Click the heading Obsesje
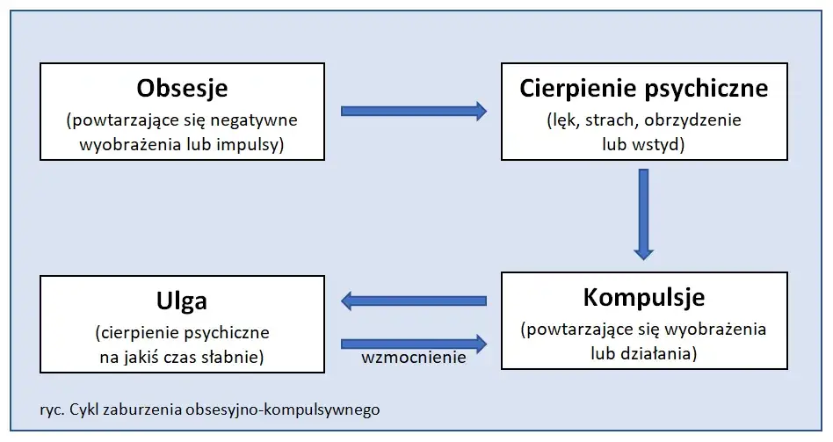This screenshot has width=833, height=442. pyautogui.click(x=182, y=89)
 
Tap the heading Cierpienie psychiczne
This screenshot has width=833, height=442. pyautogui.click(x=643, y=88)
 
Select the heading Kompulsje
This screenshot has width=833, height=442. pyautogui.click(x=643, y=297)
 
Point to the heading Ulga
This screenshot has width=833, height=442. pyautogui.click(x=182, y=301)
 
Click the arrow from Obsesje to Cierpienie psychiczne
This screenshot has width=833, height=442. pyautogui.click(x=413, y=111)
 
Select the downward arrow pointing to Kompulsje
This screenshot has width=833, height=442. pyautogui.click(x=643, y=214)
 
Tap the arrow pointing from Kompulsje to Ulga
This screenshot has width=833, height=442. pyautogui.click(x=413, y=301)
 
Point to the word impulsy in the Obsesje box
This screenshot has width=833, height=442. pyautogui.click(x=255, y=144)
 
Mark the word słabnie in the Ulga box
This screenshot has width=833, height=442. pyautogui.click(x=237, y=357)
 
